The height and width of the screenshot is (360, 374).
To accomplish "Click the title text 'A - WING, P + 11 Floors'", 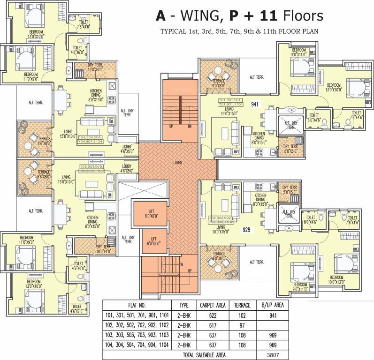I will (x=239, y=16).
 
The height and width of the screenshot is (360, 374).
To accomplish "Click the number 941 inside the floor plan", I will (x=255, y=104).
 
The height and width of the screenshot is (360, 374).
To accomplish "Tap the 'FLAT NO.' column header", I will (x=136, y=304).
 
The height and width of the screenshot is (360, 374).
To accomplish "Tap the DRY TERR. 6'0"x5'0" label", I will (x=290, y=150).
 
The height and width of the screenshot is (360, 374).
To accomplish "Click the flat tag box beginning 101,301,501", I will (x=230, y=103).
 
